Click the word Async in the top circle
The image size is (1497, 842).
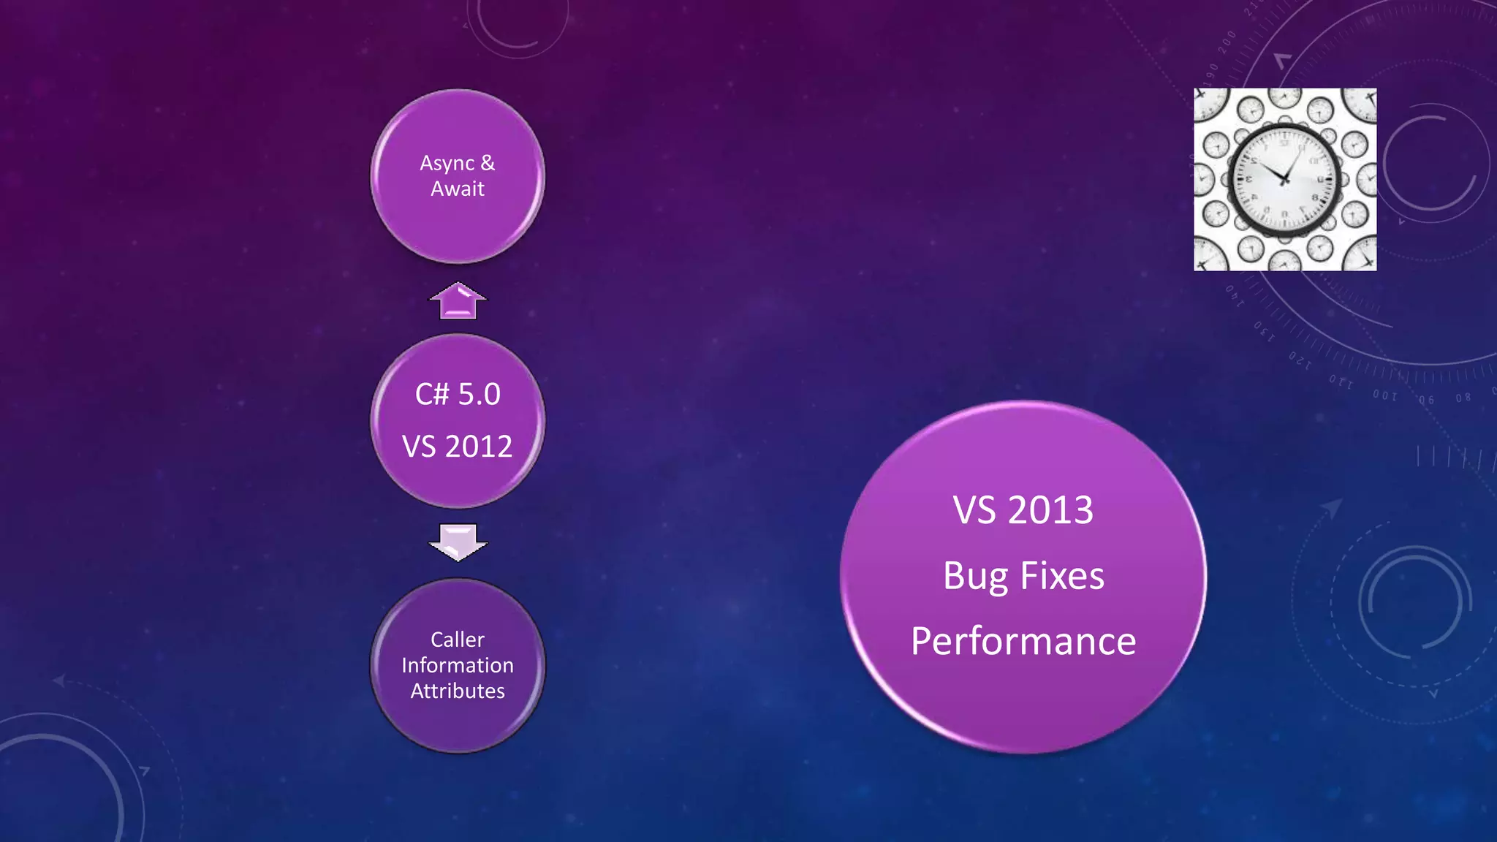coord(447,164)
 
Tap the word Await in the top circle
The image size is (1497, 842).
coord(458,189)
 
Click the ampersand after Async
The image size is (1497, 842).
coord(488,162)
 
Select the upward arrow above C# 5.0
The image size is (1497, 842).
coord(458,300)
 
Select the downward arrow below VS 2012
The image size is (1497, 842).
coord(458,542)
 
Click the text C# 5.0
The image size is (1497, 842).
coord(458,395)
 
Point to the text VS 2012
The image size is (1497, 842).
coord(458,447)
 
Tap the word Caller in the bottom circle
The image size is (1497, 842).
coord(458,640)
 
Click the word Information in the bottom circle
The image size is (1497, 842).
coord(458,665)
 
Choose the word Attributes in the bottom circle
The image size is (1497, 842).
coord(458,691)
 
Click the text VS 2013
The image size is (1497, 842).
coord(1023,510)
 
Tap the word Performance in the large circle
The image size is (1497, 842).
coord(1023,642)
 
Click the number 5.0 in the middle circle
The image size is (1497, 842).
coord(479,395)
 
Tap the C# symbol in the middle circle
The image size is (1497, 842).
coord(431,395)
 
